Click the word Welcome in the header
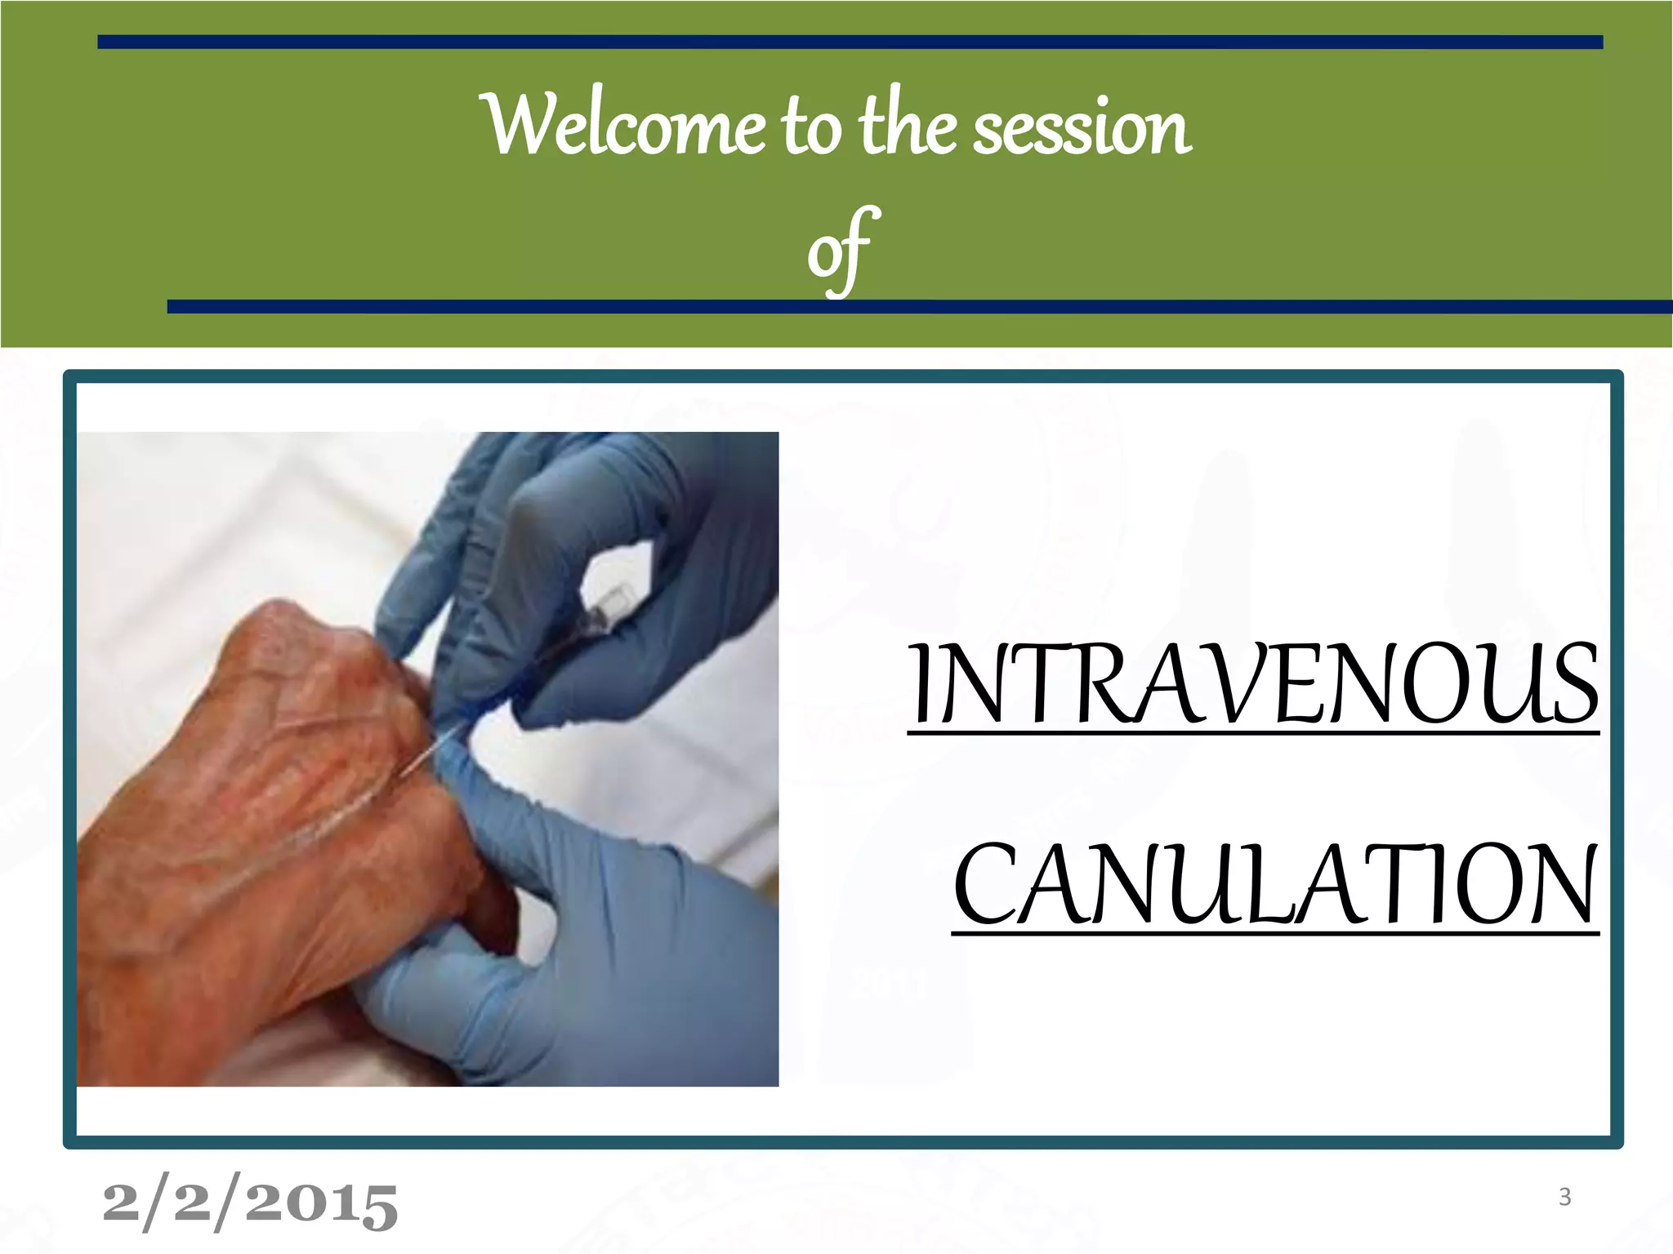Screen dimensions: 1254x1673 (x=625, y=127)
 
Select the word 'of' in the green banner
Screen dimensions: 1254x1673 (x=841, y=249)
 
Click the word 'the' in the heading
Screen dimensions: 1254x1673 (x=907, y=127)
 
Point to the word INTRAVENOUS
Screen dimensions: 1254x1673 (x=1254, y=686)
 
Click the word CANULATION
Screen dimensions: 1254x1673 (x=1274, y=886)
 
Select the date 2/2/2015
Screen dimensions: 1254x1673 (x=249, y=1204)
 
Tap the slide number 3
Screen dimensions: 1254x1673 (x=1564, y=1197)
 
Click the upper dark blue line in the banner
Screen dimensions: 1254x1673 (x=850, y=42)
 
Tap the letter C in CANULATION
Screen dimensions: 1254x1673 (x=984, y=886)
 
